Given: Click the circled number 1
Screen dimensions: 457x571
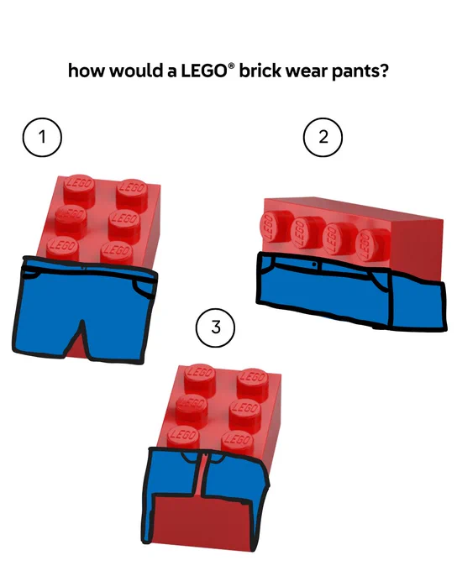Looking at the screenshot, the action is pyautogui.click(x=42, y=137).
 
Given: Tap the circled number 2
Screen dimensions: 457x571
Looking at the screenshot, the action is pyautogui.click(x=323, y=137).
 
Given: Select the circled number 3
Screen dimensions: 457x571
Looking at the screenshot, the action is pyautogui.click(x=216, y=327).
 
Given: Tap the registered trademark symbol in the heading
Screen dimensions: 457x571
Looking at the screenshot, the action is pyautogui.click(x=230, y=65).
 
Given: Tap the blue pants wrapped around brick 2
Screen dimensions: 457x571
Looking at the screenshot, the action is pyautogui.click(x=350, y=291).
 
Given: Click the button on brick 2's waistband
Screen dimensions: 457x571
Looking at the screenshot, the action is pyautogui.click(x=314, y=264).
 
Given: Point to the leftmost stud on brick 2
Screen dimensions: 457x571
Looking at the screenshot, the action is pyautogui.click(x=271, y=228).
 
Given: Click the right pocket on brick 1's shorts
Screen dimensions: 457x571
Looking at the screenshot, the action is pyautogui.click(x=144, y=288).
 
